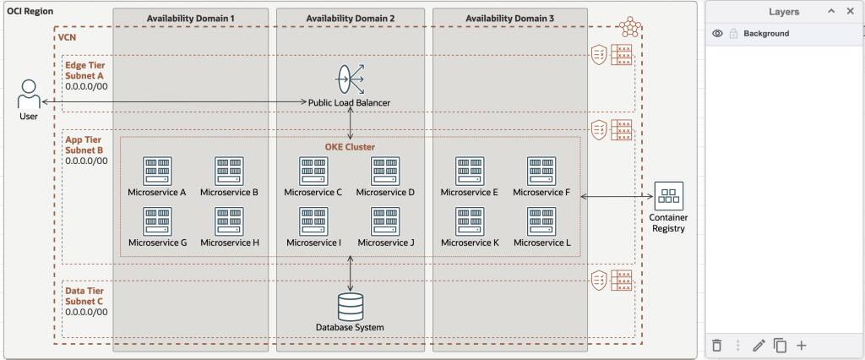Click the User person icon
(x=29, y=93)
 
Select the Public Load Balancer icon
(x=350, y=79)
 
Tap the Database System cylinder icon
(x=350, y=306)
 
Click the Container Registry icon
(x=668, y=196)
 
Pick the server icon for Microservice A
(x=157, y=171)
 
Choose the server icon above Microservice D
(x=385, y=171)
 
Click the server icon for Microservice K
(x=470, y=221)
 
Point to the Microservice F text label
(x=541, y=192)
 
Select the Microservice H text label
(x=229, y=243)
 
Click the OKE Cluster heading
(x=350, y=146)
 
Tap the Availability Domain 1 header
(x=190, y=18)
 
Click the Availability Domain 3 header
(x=510, y=18)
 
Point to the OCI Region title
(x=31, y=10)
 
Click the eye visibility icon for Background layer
(x=717, y=34)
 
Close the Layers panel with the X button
(x=851, y=12)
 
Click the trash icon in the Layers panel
(x=717, y=345)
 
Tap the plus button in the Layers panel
(x=802, y=345)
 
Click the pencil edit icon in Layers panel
(x=759, y=345)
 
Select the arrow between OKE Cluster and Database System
(x=351, y=274)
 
